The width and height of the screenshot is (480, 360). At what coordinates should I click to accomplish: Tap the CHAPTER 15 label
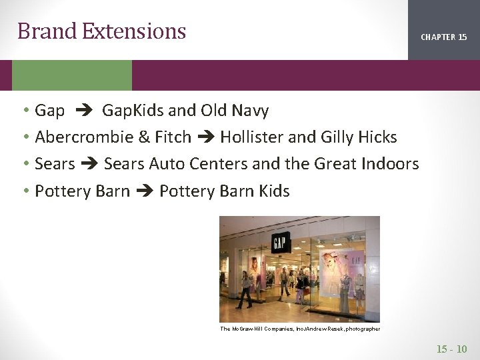click(x=443, y=37)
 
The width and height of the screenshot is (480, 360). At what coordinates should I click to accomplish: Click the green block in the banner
click(x=72, y=75)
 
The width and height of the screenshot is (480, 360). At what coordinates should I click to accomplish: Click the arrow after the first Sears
click(x=90, y=164)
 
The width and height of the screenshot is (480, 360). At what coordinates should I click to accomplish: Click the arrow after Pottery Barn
click(x=145, y=191)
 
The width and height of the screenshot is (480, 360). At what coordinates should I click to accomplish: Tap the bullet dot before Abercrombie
click(x=24, y=137)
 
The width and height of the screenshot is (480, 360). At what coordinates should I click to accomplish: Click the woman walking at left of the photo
click(x=245, y=289)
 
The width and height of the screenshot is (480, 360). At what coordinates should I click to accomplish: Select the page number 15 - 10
click(x=451, y=349)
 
